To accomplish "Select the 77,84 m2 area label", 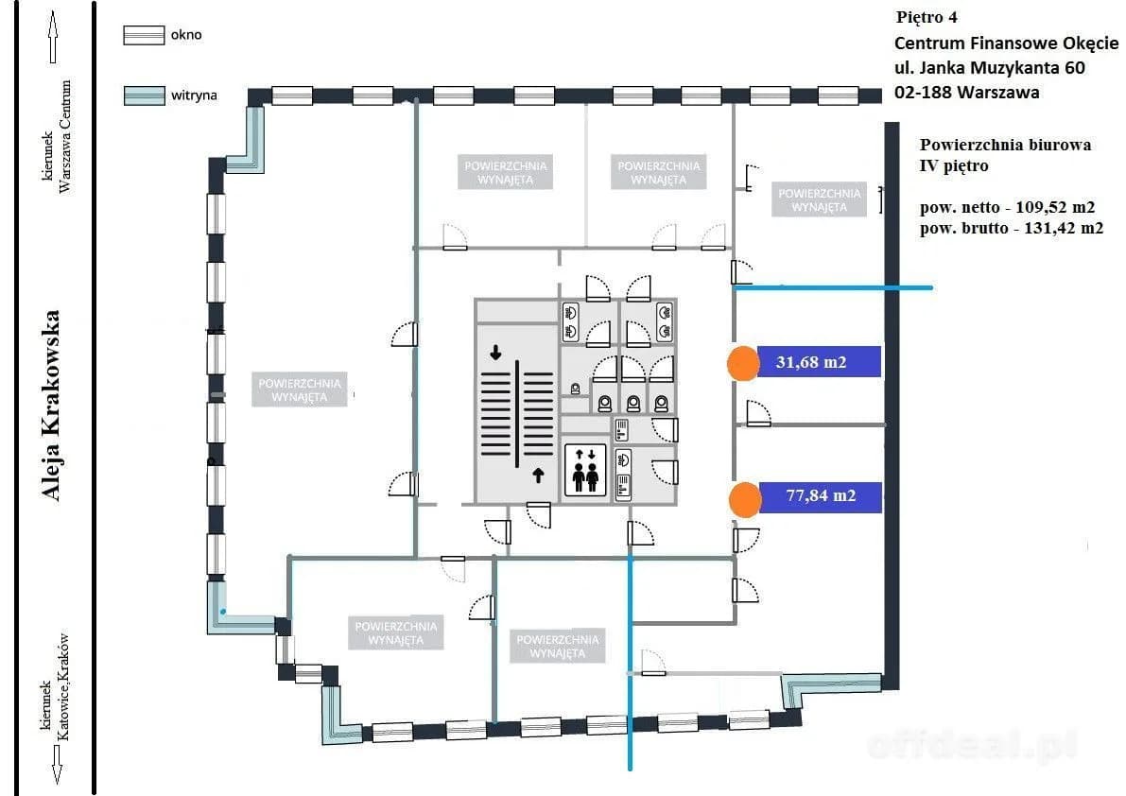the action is [820, 496].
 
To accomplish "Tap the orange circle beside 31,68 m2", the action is [742, 362].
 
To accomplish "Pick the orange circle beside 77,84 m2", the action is [745, 499].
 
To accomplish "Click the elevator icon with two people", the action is [585, 471].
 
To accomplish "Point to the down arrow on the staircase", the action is [495, 352].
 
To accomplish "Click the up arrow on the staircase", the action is [539, 475].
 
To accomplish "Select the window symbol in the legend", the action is [144, 35].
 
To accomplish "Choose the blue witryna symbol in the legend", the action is [144, 95].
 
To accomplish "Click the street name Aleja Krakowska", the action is [50, 406].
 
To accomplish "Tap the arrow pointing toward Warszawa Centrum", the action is [52, 37].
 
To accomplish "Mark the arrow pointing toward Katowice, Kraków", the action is [58, 765].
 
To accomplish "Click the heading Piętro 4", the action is [927, 17].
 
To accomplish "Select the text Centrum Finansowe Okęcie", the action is [1006, 43].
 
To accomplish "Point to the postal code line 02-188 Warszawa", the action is [966, 92].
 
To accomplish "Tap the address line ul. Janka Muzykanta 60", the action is [990, 67].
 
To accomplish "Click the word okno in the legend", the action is [186, 34].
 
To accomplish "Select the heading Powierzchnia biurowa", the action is [1005, 145].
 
